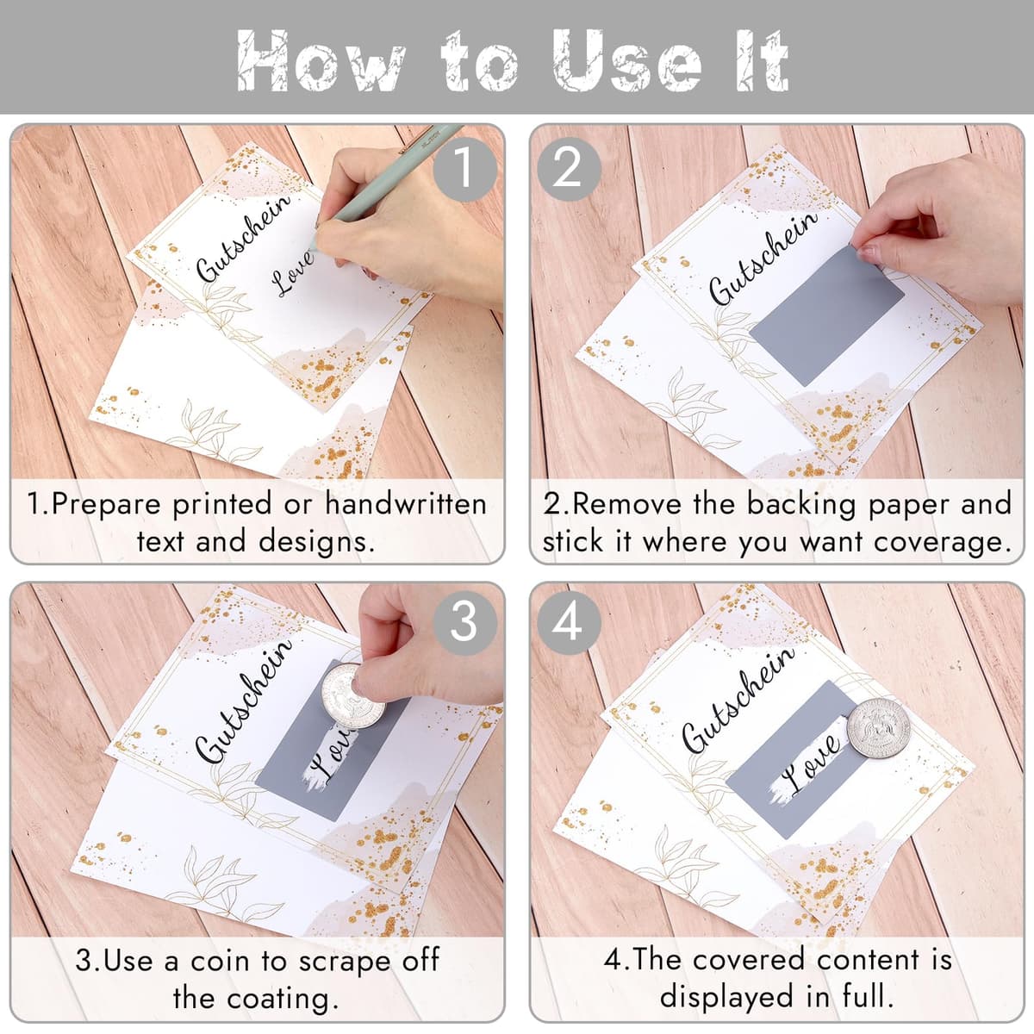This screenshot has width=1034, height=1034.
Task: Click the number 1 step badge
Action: coord(464,169)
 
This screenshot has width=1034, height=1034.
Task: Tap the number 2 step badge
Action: coord(569,169)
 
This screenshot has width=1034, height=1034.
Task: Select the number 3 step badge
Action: coord(464,622)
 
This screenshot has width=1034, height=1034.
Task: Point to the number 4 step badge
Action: coord(569,622)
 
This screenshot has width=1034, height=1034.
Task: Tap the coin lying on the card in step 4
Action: coord(879,728)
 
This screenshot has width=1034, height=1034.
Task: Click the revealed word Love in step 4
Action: coord(810,762)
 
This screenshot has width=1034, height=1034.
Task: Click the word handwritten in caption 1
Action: coord(406,504)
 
